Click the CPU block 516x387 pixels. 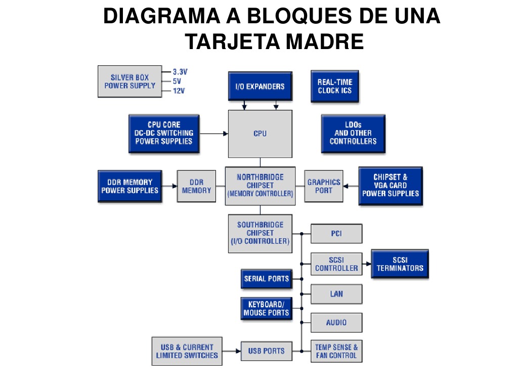260,134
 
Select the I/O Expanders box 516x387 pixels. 260,86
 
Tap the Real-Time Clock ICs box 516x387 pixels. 334,86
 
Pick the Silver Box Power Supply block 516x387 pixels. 130,81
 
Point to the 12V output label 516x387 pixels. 179,91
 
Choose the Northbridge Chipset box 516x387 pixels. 260,185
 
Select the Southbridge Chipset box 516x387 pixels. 260,233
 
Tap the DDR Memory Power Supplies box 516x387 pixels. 130,186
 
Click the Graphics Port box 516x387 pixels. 324,186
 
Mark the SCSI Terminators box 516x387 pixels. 400,264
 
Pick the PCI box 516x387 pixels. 336,234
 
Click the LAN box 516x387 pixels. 336,293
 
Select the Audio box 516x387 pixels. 336,322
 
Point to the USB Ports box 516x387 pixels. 266,351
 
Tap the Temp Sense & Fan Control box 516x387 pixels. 336,351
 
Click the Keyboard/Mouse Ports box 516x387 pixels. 266,309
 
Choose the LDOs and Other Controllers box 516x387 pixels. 353,133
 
